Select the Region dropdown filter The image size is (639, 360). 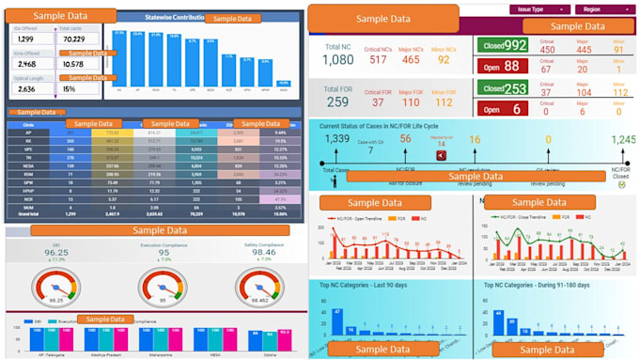[602, 8]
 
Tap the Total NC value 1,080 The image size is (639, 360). [338, 60]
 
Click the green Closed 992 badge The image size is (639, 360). [503, 45]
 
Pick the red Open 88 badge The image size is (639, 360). [499, 66]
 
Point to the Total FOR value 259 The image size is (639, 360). [337, 102]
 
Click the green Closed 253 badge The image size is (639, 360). [503, 88]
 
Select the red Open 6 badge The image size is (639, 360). [499, 108]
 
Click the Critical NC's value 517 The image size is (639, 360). [378, 60]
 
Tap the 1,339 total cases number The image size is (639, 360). [336, 139]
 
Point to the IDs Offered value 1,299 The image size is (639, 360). [25, 39]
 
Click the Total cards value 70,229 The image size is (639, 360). [72, 39]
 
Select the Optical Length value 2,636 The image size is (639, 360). [26, 89]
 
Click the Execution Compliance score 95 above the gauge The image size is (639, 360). [164, 252]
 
